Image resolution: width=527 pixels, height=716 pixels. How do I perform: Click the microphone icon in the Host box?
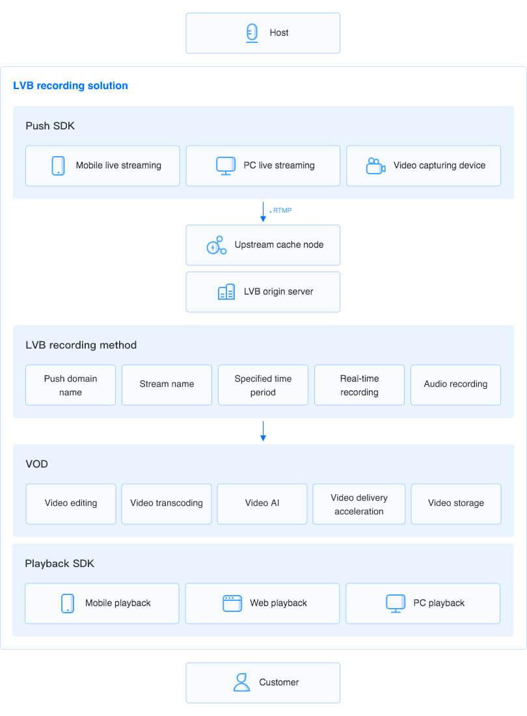252,33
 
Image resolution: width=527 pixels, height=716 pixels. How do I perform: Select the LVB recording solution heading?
70,85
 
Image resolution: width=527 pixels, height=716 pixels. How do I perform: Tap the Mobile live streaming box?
103,166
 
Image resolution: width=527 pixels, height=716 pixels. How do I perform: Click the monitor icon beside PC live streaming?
226,166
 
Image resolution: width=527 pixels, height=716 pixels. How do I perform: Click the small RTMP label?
282,211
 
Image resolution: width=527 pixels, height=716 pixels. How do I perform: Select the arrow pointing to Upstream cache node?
263,212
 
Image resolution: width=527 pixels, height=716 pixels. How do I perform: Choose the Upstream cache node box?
263,245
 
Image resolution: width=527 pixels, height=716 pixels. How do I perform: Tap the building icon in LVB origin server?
226,292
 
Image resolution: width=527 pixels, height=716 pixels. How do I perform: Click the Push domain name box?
70,385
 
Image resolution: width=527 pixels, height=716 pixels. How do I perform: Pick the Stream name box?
167,385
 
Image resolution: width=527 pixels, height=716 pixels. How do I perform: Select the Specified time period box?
263,385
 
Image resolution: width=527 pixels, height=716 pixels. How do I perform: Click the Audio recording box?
456,385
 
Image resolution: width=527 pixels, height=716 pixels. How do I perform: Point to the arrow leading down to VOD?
263,431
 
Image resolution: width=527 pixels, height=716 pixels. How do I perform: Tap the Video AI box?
262,503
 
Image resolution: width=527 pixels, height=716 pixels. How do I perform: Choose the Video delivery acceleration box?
359,503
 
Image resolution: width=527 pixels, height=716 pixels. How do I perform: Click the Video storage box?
456,503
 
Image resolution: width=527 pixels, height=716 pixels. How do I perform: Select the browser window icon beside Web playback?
232,603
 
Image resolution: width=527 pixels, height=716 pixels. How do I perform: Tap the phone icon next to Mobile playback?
68,603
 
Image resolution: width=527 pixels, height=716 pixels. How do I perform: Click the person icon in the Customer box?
241,683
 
